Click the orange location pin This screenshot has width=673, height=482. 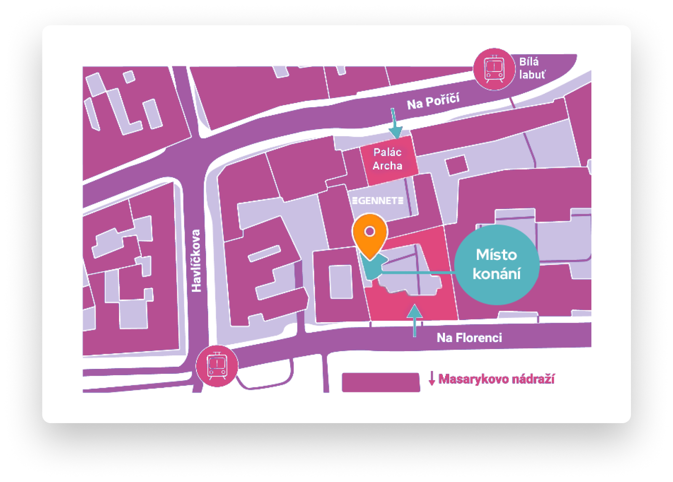(370, 236)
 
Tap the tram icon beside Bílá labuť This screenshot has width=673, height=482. (494, 69)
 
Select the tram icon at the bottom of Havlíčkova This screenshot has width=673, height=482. (217, 366)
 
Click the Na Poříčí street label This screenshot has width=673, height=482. (433, 101)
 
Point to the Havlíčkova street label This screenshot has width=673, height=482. (196, 261)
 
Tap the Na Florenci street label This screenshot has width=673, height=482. (469, 338)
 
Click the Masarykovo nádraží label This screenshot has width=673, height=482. (496, 379)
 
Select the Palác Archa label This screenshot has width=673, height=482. (387, 159)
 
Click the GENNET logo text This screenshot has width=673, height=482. (378, 201)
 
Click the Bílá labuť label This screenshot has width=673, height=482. (532, 68)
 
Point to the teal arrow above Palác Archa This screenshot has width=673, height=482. (395, 123)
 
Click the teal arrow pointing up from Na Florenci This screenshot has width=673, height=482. (415, 320)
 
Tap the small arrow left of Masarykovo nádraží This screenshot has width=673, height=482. (432, 379)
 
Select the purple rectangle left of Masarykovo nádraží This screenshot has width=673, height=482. (381, 382)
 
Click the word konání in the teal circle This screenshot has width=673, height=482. (497, 274)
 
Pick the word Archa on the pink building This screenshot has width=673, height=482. (387, 166)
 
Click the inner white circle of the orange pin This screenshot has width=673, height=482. (370, 231)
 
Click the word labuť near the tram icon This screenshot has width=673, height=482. (532, 75)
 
